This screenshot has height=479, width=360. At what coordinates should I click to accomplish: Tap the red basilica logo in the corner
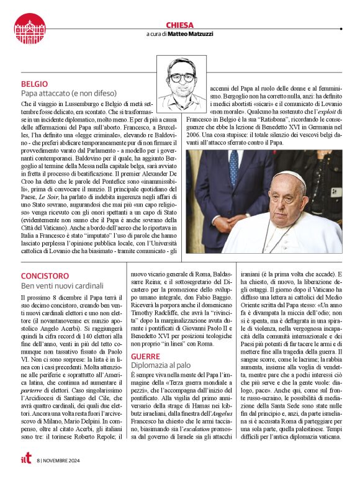pyautogui.click(x=29, y=28)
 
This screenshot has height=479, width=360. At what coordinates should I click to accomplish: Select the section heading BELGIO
pyautogui.click(x=35, y=84)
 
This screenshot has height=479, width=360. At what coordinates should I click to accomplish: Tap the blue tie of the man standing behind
pyautogui.click(x=233, y=167)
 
